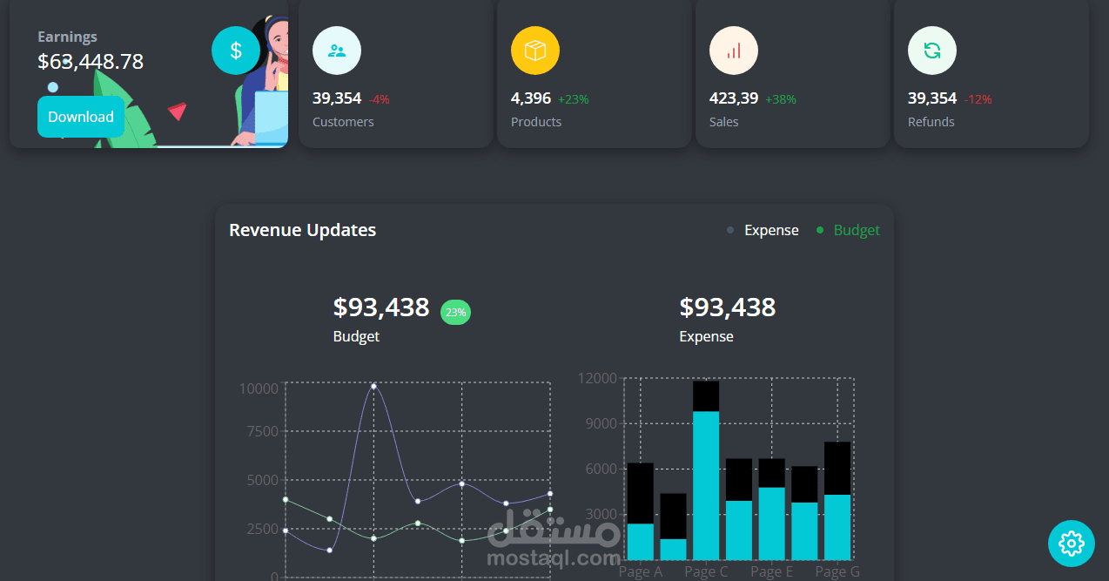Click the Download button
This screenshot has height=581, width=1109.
81,117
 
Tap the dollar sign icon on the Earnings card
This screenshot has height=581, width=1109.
236,51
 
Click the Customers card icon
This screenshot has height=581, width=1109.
337,51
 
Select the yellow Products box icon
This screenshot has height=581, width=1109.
535,51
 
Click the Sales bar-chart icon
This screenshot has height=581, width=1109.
734,51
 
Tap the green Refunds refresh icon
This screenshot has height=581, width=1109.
932,51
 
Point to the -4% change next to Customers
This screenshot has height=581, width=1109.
379,99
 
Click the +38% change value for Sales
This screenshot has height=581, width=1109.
781,99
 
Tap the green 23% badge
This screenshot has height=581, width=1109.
455,312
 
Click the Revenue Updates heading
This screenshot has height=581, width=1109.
303,230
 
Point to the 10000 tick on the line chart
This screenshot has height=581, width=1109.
259,388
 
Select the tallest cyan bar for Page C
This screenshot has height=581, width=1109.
706,484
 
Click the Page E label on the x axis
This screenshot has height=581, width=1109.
771,571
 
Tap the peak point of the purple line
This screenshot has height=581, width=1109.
374,385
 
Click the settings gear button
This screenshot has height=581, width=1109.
1071,544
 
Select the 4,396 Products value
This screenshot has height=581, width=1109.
531,98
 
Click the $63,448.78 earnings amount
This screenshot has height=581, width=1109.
91,62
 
